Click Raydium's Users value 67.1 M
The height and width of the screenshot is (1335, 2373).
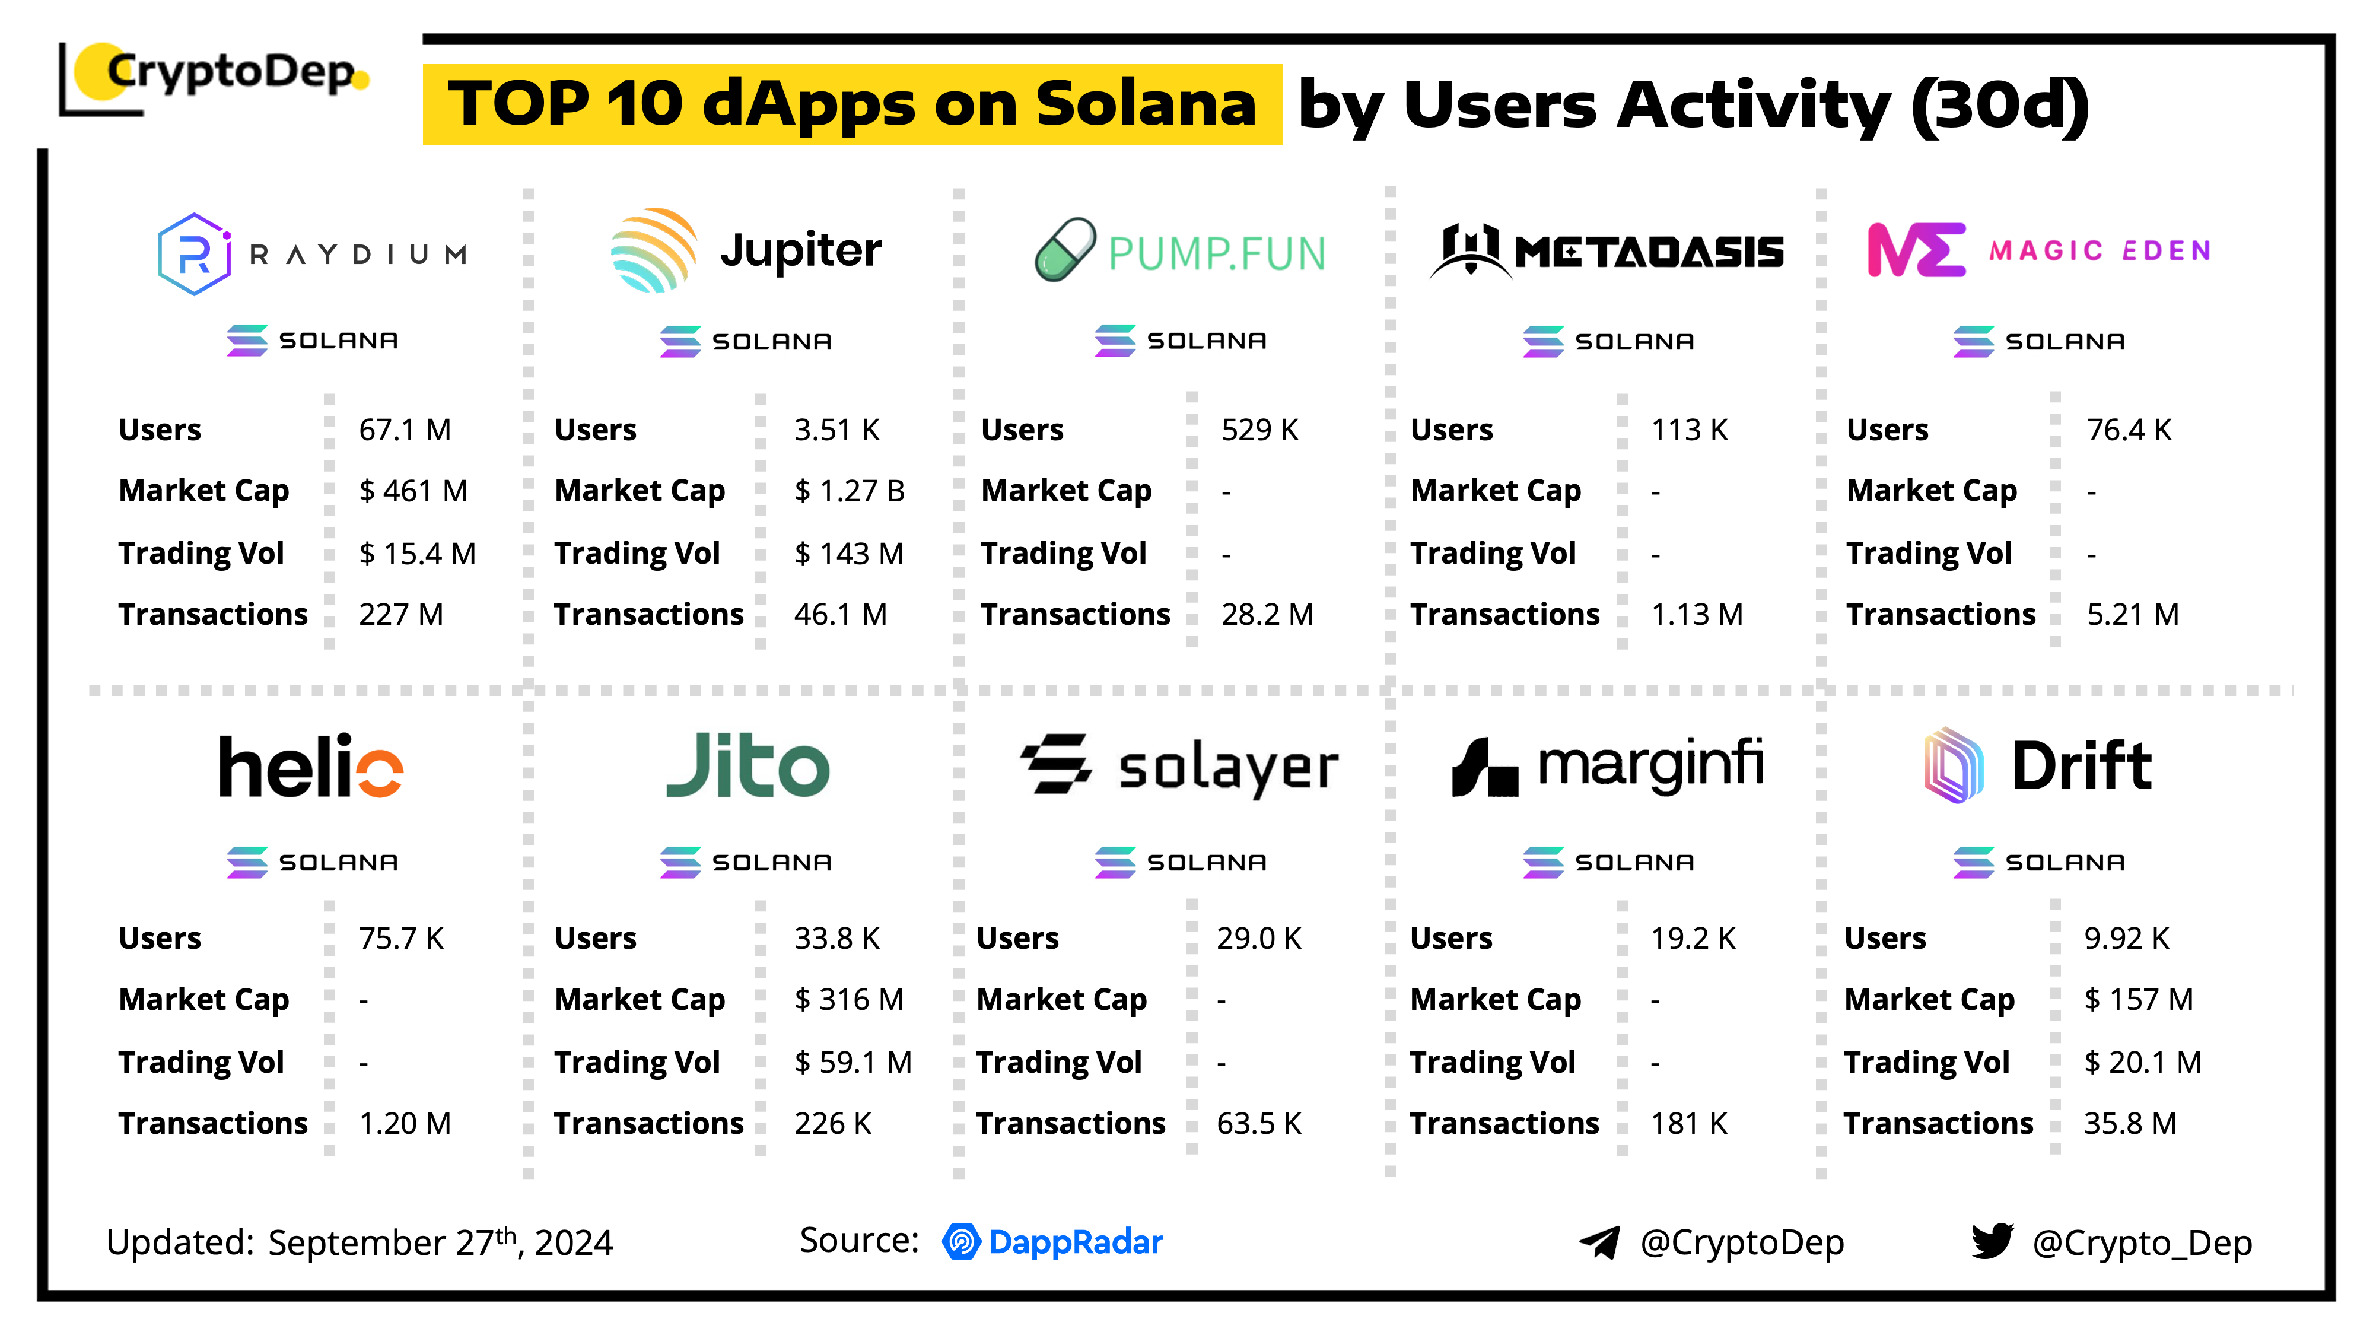coord(405,430)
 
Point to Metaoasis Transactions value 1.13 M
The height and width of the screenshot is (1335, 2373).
coord(1696,615)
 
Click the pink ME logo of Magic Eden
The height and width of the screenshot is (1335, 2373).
coord(1915,250)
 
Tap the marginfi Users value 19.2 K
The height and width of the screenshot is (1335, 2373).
coord(1692,939)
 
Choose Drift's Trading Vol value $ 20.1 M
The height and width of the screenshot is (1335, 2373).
coord(2142,1062)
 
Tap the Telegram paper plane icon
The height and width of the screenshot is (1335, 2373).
coord(1599,1242)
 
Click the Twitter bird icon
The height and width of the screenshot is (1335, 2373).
coord(1992,1241)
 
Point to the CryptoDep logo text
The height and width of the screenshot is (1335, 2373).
coord(230,72)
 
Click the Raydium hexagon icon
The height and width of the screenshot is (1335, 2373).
coord(193,253)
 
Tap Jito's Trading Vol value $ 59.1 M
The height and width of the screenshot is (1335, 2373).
coord(852,1062)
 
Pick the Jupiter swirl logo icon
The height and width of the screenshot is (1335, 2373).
coord(652,250)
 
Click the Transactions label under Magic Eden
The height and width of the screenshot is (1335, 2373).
coord(1940,615)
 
